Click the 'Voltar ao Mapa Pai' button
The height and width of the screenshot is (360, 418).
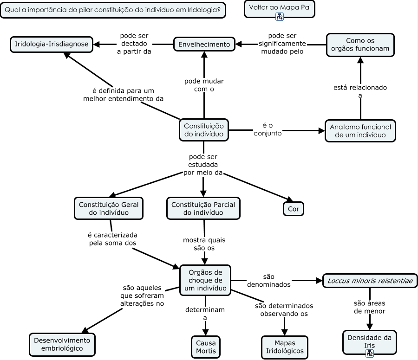[279, 7]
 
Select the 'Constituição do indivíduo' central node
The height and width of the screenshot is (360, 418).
[203, 130]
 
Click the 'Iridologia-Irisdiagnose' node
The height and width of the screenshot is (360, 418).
[51, 45]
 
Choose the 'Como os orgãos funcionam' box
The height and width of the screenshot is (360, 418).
[360, 45]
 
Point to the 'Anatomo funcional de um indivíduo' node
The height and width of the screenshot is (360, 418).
[360, 131]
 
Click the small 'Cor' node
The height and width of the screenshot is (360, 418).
[294, 209]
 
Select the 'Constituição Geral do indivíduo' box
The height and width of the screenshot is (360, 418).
[109, 208]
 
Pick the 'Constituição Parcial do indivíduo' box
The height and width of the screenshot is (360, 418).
[203, 208]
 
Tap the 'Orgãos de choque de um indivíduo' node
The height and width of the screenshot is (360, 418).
[205, 280]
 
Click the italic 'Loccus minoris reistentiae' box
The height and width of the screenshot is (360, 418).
[370, 281]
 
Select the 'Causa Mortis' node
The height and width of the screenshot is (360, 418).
[205, 347]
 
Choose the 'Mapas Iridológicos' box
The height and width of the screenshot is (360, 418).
[285, 347]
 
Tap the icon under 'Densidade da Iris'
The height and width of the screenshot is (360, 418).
[370, 353]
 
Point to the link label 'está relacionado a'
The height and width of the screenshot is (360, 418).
[360, 91]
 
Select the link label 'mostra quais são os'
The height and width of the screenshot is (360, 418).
[204, 244]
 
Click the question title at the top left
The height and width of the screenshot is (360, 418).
[113, 10]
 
